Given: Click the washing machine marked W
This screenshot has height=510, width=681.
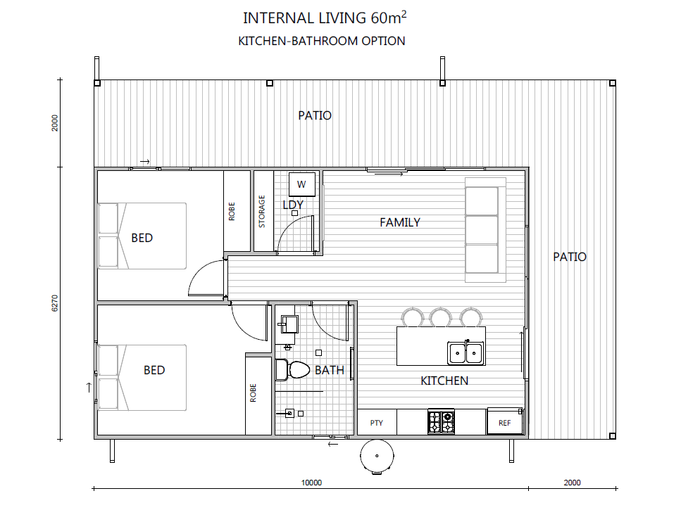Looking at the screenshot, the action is point(302,184).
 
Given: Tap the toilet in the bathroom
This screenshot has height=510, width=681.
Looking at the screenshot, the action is point(292,370).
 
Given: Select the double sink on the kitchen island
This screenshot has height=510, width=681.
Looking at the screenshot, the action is point(466,353).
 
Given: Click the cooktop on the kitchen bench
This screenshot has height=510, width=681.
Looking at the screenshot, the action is point(442,421).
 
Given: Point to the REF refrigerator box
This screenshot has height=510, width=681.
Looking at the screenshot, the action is point(505,421).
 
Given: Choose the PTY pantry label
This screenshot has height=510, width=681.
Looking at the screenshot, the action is point(377,423).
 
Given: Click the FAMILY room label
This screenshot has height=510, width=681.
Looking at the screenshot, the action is point(400,222).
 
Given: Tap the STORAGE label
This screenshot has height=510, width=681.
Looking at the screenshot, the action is point(262,212).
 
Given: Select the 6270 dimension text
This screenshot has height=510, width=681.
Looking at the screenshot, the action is point(55,303).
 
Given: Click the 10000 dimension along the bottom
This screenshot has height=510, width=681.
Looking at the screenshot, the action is point(311,483).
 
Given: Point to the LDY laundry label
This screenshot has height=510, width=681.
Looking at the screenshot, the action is point(293,205).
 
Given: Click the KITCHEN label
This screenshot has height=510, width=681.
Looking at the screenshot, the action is point(444,381).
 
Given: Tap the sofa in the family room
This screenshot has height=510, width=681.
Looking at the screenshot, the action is point(485,230).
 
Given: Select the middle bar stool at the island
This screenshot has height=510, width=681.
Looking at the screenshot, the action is point(441,317).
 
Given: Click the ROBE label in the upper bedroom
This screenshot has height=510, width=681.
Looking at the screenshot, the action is point(232,211).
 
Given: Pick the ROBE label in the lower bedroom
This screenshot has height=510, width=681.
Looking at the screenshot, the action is point(254,393).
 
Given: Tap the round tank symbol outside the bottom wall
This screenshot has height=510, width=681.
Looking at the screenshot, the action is point(377,456).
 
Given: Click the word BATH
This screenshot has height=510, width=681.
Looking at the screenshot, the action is point(330,370).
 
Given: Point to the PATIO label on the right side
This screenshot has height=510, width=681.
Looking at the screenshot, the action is point(570,257).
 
